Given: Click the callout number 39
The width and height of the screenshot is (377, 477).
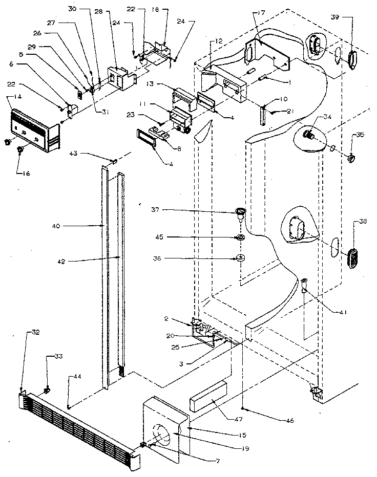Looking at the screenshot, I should (349, 17).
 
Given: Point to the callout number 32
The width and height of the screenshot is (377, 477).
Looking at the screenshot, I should (35, 332).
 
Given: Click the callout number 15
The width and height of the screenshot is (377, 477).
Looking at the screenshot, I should (242, 435).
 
